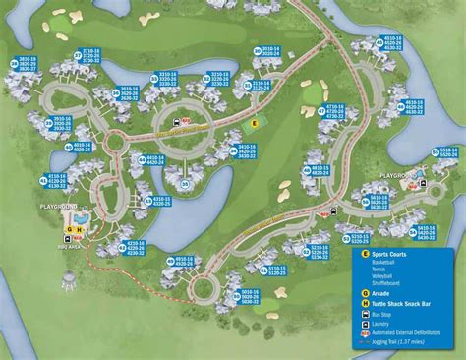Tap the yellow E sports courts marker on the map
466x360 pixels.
pos(254,123)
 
